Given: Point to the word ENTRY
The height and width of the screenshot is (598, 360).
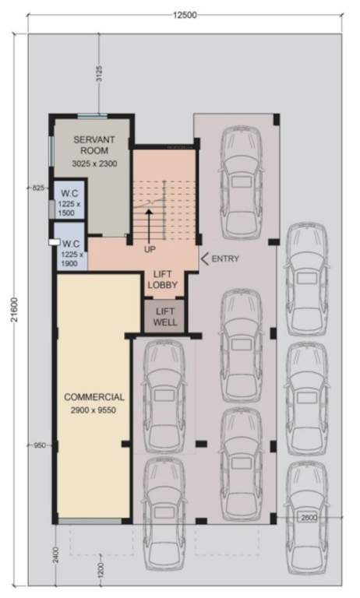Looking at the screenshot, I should tap(226, 259).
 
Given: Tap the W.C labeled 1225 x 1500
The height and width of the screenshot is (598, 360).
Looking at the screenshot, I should tap(68, 201).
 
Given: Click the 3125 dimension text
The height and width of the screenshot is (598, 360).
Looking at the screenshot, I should tap(99, 75).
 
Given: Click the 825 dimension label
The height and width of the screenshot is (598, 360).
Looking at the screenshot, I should tap(37, 188).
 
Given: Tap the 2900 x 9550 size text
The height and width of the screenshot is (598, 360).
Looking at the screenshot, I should tap(90, 410).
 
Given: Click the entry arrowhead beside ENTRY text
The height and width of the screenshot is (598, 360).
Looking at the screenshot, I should tap(204, 259).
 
